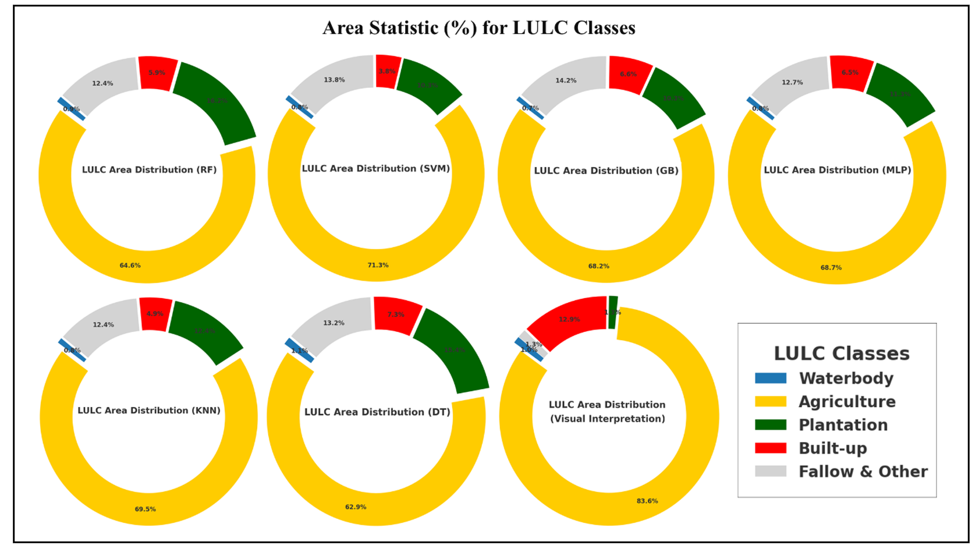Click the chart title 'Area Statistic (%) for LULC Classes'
478,28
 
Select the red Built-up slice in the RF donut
157,73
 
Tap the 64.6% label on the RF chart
130,266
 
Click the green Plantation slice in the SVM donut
428,86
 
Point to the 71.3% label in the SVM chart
378,266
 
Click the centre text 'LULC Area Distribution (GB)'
606,171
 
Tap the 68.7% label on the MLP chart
831,268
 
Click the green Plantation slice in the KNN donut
204,331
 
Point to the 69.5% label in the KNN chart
145,509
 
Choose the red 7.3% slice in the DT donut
396,314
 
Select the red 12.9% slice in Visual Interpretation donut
569,319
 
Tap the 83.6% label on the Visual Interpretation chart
647,501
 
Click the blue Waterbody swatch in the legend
770,378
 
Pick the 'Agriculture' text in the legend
846,402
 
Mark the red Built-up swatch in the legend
770,448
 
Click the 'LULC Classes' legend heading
841,353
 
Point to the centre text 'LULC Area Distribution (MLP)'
837,170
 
